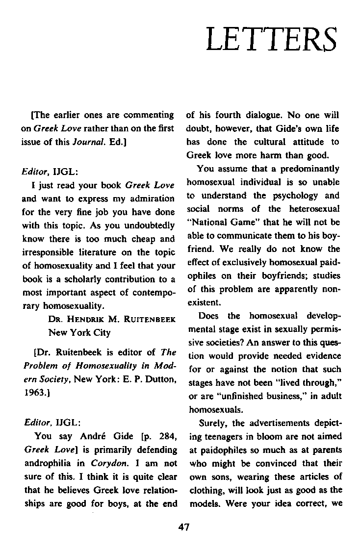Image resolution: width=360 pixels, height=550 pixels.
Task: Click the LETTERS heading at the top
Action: [x=272, y=39]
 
